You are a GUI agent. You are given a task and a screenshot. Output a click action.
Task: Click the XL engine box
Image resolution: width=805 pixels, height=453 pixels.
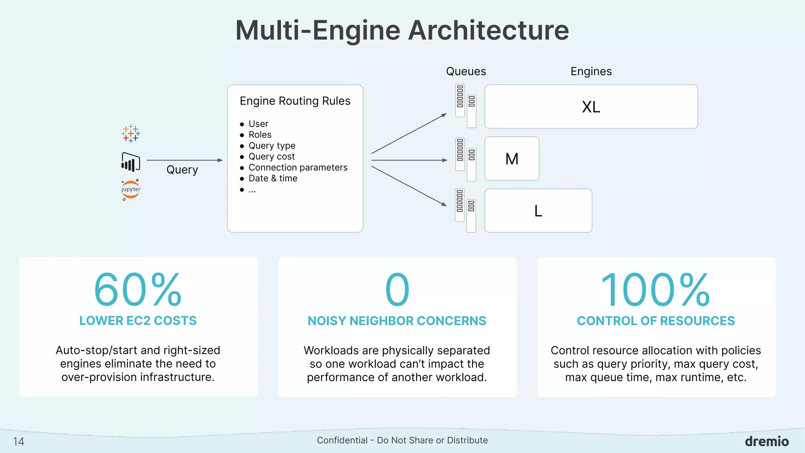pyautogui.click(x=591, y=107)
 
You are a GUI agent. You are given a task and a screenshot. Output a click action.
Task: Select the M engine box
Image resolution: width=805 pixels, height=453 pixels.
pyautogui.click(x=512, y=159)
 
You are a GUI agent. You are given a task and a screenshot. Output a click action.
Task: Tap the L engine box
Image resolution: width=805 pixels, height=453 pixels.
pyautogui.click(x=538, y=211)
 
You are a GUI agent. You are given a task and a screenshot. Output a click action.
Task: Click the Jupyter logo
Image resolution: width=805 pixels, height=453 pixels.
pyautogui.click(x=130, y=190)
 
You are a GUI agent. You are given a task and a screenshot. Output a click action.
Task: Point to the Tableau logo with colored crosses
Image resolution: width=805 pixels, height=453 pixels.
pyautogui.click(x=130, y=134)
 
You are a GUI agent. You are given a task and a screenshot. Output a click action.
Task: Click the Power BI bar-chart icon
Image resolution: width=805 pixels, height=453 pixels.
pyautogui.click(x=130, y=162)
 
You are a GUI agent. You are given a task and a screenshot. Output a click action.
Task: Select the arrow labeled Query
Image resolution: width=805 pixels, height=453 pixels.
pyautogui.click(x=184, y=160)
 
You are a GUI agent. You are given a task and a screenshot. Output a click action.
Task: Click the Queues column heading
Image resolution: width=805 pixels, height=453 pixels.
pyautogui.click(x=466, y=72)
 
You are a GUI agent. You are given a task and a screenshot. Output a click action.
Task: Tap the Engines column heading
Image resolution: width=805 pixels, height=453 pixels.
pyautogui.click(x=591, y=72)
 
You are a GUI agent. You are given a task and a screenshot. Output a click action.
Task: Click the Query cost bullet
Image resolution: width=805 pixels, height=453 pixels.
pyautogui.click(x=271, y=157)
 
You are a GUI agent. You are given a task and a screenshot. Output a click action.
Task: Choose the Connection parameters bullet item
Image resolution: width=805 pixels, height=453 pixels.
pyautogui.click(x=298, y=168)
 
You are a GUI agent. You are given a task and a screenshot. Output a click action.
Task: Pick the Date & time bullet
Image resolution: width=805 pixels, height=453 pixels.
pyautogui.click(x=273, y=179)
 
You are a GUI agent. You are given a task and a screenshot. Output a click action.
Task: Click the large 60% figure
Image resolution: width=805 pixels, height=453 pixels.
pyautogui.click(x=138, y=290)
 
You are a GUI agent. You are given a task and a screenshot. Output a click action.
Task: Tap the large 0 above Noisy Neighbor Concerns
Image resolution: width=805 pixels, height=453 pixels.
pyautogui.click(x=397, y=290)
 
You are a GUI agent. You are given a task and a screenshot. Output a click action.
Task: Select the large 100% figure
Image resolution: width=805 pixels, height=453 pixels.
pyautogui.click(x=655, y=290)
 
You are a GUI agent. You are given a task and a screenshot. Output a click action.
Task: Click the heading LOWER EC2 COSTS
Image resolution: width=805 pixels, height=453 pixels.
pyautogui.click(x=138, y=321)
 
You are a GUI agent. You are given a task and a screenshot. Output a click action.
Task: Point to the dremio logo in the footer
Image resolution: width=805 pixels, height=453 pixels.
pyautogui.click(x=766, y=441)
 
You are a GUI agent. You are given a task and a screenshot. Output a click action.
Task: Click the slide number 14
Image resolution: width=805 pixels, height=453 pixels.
pyautogui.click(x=18, y=442)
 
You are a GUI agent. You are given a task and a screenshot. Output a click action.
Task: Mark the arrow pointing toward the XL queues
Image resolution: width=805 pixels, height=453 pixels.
pyautogui.click(x=409, y=134)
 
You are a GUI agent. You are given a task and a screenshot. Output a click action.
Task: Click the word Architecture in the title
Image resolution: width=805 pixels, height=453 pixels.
pyautogui.click(x=488, y=30)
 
